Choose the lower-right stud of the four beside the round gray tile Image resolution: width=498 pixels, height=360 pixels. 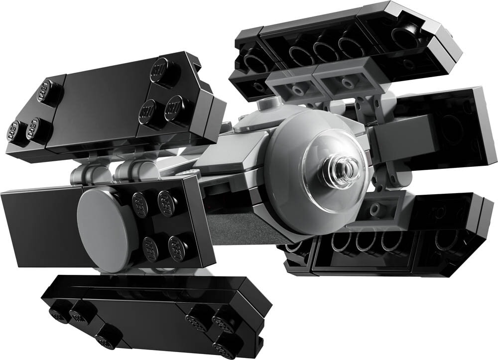178,246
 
